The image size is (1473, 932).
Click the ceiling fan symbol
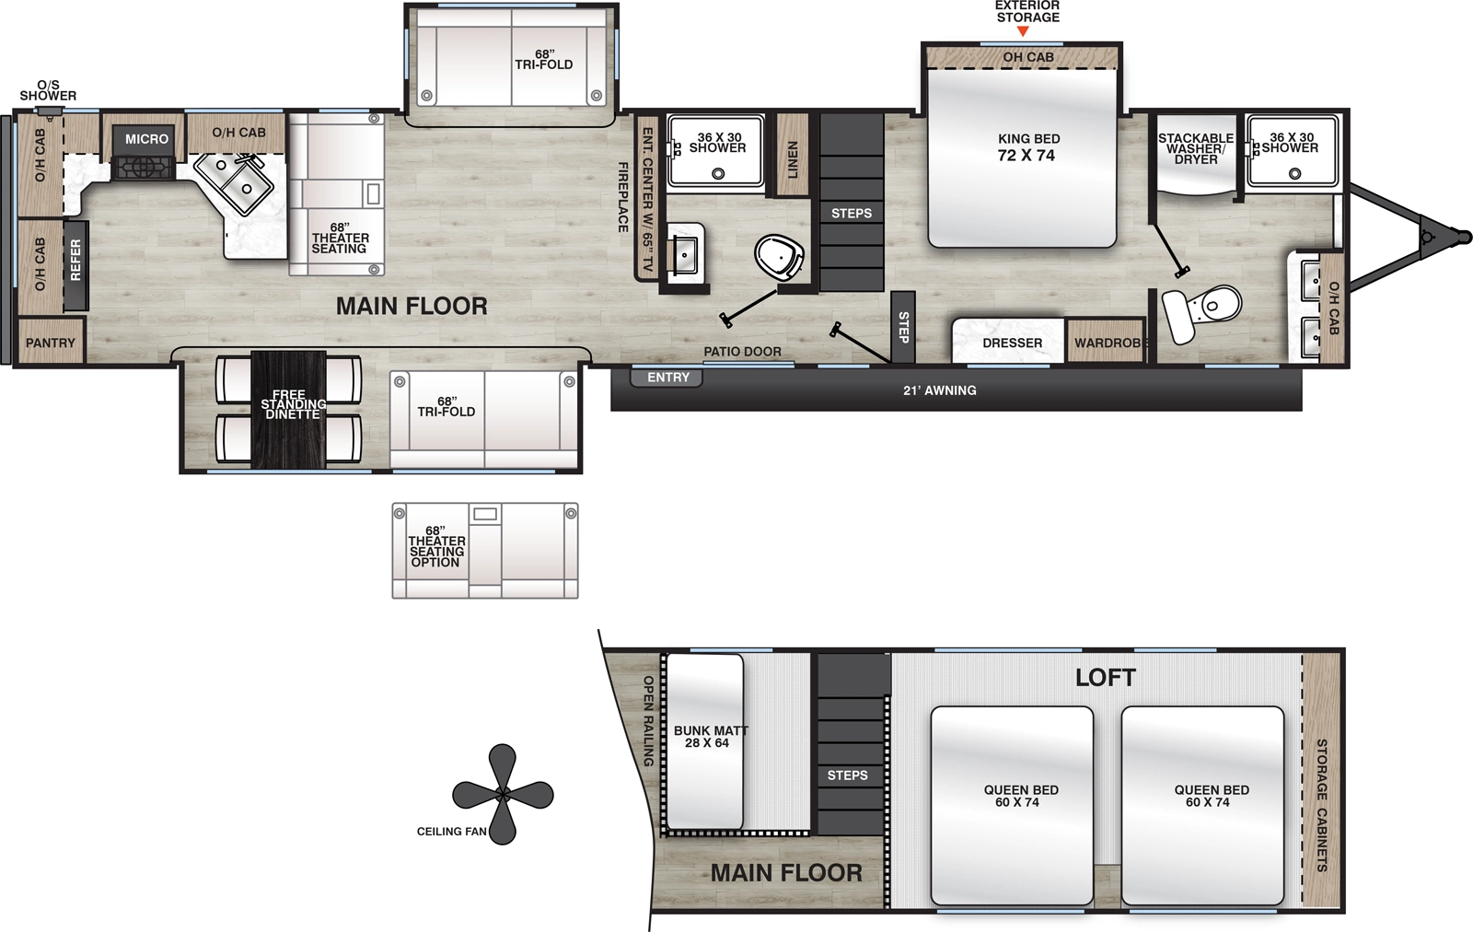click(503, 794)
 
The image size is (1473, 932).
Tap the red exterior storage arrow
click(1023, 32)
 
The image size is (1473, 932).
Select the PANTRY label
click(51, 343)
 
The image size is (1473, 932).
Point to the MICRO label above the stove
click(147, 139)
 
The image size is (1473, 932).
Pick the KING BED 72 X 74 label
click(1027, 147)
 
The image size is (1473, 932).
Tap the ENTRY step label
click(667, 378)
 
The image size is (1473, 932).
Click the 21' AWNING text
click(939, 390)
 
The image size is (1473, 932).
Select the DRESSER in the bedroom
click(1012, 343)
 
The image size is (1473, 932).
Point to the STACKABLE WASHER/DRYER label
click(1195, 148)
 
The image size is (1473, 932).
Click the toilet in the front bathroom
click(1206, 309)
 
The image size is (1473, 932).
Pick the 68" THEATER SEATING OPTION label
click(435, 547)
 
